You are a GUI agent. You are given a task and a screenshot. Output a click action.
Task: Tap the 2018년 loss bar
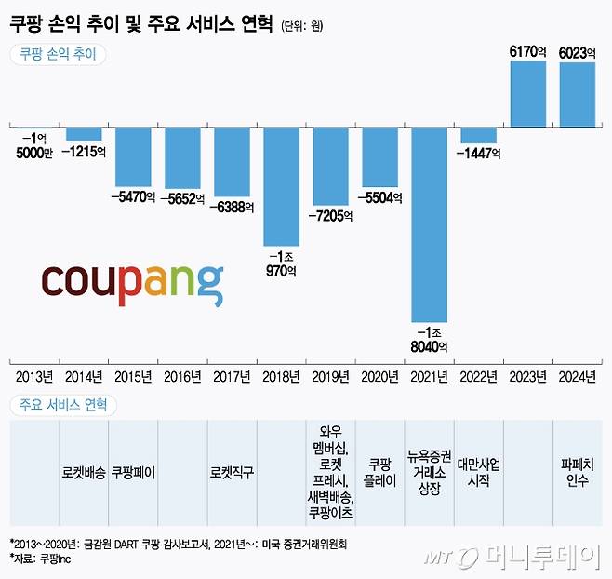coord(282,186)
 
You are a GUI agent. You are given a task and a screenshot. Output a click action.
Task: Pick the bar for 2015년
coord(133,156)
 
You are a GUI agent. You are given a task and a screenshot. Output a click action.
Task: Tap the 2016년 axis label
coord(182,377)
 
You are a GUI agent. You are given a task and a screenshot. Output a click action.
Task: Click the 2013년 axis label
coord(34,377)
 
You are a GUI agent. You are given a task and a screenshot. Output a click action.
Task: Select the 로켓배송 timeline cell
coord(84,472)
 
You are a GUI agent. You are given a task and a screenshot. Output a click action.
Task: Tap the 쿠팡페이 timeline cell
coord(133,472)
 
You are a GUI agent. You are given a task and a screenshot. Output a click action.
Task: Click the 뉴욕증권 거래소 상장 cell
coord(430,472)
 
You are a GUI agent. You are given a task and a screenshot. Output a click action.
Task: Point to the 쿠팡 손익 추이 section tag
coord(58,54)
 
